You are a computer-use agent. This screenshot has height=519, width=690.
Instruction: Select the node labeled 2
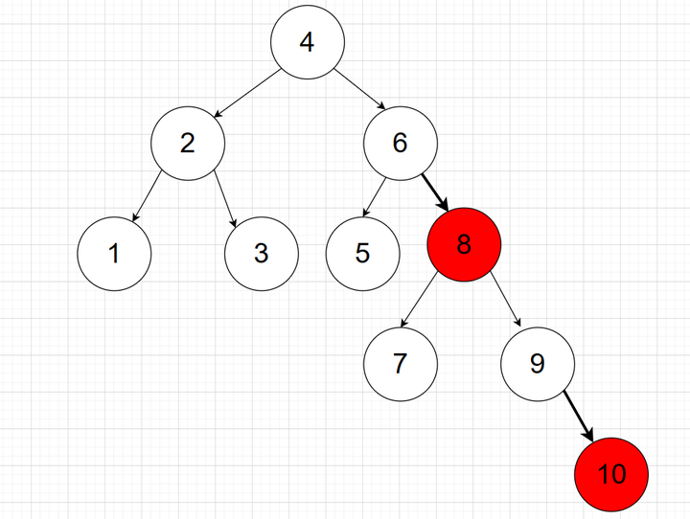[187, 144]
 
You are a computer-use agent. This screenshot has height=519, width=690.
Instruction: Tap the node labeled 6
[401, 144]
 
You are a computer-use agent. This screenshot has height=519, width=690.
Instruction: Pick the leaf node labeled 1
[114, 254]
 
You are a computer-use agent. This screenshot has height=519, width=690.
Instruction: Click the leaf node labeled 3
[262, 254]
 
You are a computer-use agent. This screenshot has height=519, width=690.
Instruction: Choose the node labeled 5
[362, 254]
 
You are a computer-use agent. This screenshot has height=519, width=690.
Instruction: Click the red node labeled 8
[464, 245]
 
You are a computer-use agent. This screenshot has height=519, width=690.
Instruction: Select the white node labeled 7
[401, 364]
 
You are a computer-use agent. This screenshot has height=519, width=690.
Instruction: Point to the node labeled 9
[537, 364]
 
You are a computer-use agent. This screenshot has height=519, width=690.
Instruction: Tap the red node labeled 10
[611, 474]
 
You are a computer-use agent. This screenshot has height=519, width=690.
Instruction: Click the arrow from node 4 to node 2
[244, 94]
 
